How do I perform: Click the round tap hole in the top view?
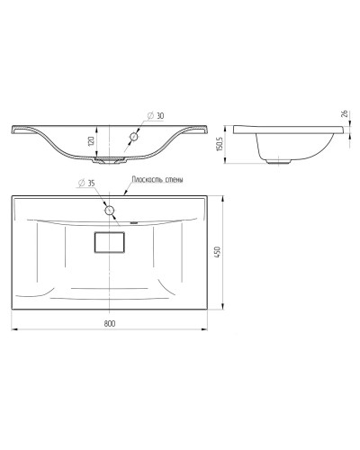tap(110, 211)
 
